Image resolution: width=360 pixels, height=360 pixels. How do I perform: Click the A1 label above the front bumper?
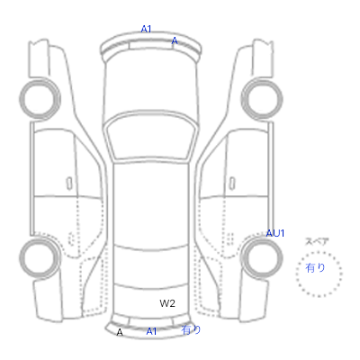point(146,29)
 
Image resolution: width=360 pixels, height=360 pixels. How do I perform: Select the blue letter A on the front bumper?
point(175,40)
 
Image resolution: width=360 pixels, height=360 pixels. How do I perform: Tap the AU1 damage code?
point(275,233)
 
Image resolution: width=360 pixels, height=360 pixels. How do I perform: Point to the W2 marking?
point(167,303)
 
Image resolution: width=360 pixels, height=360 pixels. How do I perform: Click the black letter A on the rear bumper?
point(120,332)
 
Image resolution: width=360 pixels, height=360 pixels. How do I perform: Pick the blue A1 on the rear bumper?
point(151,331)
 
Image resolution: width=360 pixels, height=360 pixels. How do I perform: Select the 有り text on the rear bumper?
point(191,330)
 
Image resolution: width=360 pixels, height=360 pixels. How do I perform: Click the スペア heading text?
point(317,241)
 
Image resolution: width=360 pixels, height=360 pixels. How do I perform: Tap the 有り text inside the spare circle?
point(315,267)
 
